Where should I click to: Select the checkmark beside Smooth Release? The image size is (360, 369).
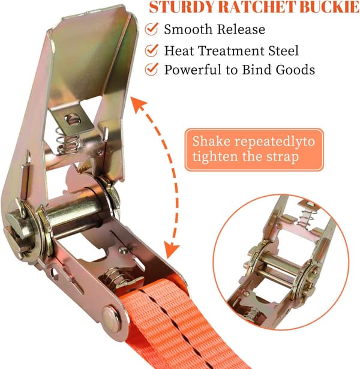(151, 29)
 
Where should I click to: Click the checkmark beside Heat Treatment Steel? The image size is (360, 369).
(151, 50)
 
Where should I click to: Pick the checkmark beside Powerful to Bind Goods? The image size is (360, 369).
(151, 69)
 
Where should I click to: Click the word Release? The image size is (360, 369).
(241, 29)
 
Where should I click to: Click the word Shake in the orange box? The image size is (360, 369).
(211, 141)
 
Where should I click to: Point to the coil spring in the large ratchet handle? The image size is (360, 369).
(67, 141)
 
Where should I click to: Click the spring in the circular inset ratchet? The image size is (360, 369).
(305, 217)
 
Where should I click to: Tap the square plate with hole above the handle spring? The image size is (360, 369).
(72, 119)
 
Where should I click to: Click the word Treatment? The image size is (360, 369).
(232, 50)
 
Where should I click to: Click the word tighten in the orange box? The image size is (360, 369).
(215, 157)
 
